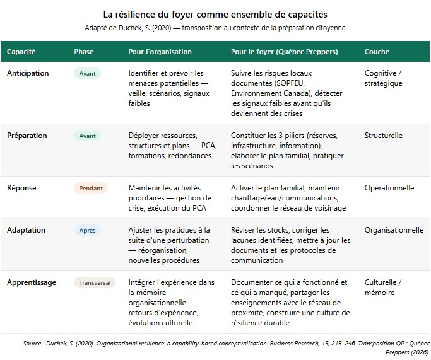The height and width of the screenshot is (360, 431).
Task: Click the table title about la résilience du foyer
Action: pos(215,14)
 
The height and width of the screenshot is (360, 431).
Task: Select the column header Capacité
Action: pos(21,52)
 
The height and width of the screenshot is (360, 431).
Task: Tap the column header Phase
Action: pos(84,52)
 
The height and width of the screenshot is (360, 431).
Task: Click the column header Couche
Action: pos(377,52)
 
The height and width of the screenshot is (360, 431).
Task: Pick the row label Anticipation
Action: pos(28,73)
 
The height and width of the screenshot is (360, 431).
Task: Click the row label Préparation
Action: pos(27,136)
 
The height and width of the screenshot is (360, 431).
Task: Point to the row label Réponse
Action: pos(21,188)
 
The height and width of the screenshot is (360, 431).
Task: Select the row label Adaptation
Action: pos(26,230)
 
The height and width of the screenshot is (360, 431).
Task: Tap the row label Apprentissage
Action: pos(31,282)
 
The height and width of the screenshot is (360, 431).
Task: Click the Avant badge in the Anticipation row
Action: pos(87,74)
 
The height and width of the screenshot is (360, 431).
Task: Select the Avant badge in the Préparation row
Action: pos(87,136)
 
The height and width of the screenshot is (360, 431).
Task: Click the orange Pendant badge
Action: pos(91,189)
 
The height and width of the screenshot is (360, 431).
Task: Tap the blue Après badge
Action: pos(87,231)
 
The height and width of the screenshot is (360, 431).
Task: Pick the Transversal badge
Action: pos(95,283)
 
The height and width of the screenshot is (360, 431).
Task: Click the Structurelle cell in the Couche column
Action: pos(383,136)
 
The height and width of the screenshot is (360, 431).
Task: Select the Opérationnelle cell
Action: pos(389,188)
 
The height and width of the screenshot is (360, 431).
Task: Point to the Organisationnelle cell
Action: pos(394,230)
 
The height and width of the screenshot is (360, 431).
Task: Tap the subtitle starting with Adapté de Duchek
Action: pos(215,28)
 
